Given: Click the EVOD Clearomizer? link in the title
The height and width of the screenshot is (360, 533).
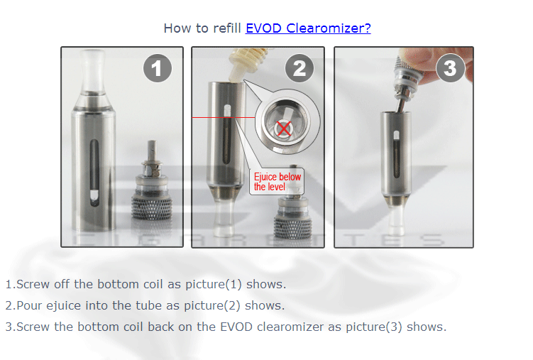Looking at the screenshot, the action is [308, 28].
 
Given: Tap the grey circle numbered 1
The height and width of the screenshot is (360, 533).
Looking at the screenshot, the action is [158, 68].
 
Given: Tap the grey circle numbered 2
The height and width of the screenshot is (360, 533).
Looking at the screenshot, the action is [299, 68].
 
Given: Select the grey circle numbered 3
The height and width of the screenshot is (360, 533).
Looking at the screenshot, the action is [451, 68].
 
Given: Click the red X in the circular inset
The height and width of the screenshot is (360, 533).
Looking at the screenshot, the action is [284, 129].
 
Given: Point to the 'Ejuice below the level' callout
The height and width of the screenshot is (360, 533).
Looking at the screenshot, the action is [277, 182].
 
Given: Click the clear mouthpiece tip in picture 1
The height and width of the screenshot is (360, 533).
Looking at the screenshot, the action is [92, 72].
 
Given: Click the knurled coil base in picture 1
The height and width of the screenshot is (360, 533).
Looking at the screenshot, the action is [152, 207].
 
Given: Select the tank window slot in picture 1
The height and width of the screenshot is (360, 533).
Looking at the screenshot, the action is [94, 173].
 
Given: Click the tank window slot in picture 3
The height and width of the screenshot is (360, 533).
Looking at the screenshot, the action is [396, 154].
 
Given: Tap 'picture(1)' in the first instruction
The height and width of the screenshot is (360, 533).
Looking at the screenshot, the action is [214, 284].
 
